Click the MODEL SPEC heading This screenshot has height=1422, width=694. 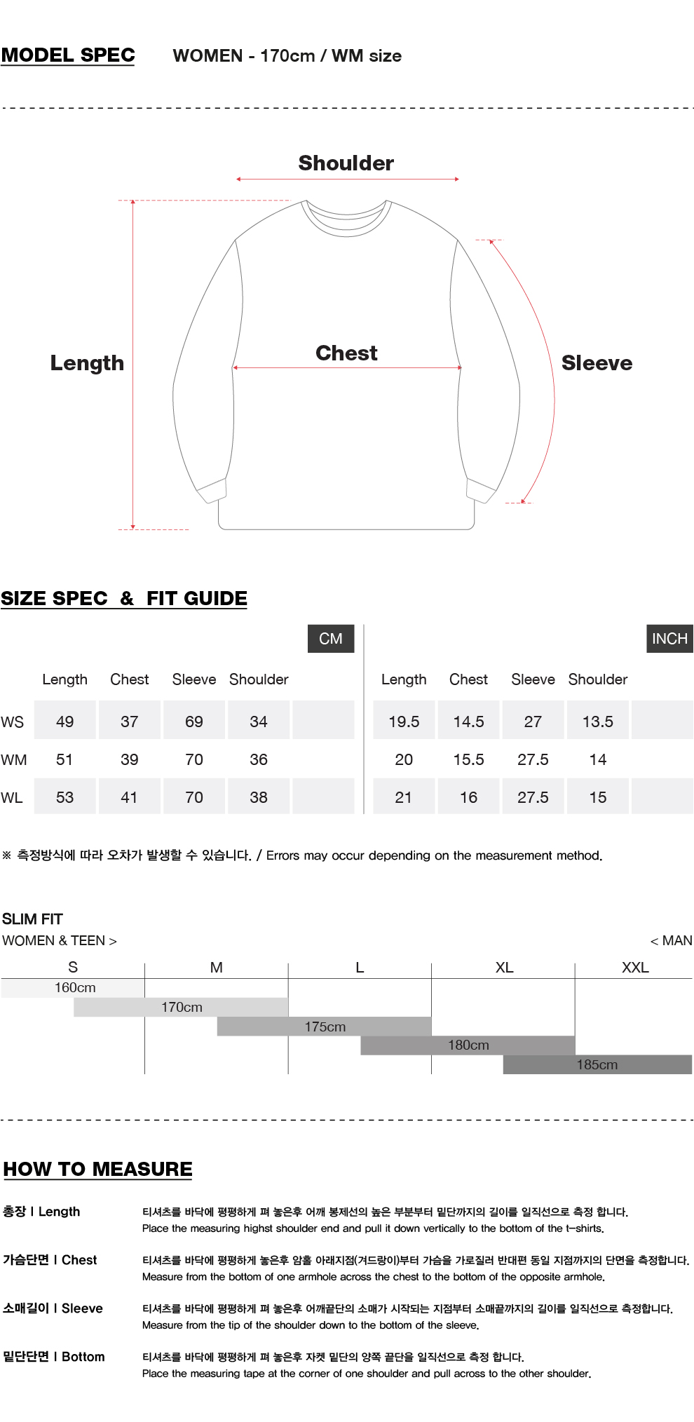coord(68,55)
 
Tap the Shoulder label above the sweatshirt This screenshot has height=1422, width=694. coord(346,163)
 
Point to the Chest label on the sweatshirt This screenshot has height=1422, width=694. coord(346,353)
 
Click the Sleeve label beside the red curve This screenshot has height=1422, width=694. coord(597,363)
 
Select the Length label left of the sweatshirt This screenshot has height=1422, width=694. coord(87,363)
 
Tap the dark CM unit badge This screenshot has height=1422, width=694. coord(331,639)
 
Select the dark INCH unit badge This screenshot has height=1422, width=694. coord(669,639)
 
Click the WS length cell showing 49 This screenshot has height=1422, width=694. coord(65,722)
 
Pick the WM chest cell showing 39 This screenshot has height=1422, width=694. coord(130,759)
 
